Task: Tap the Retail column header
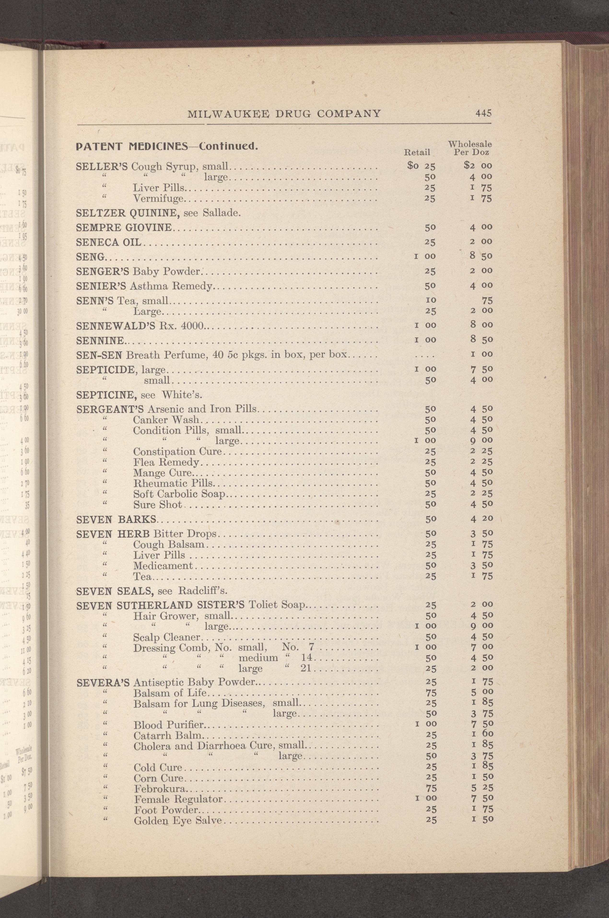point(417,152)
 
